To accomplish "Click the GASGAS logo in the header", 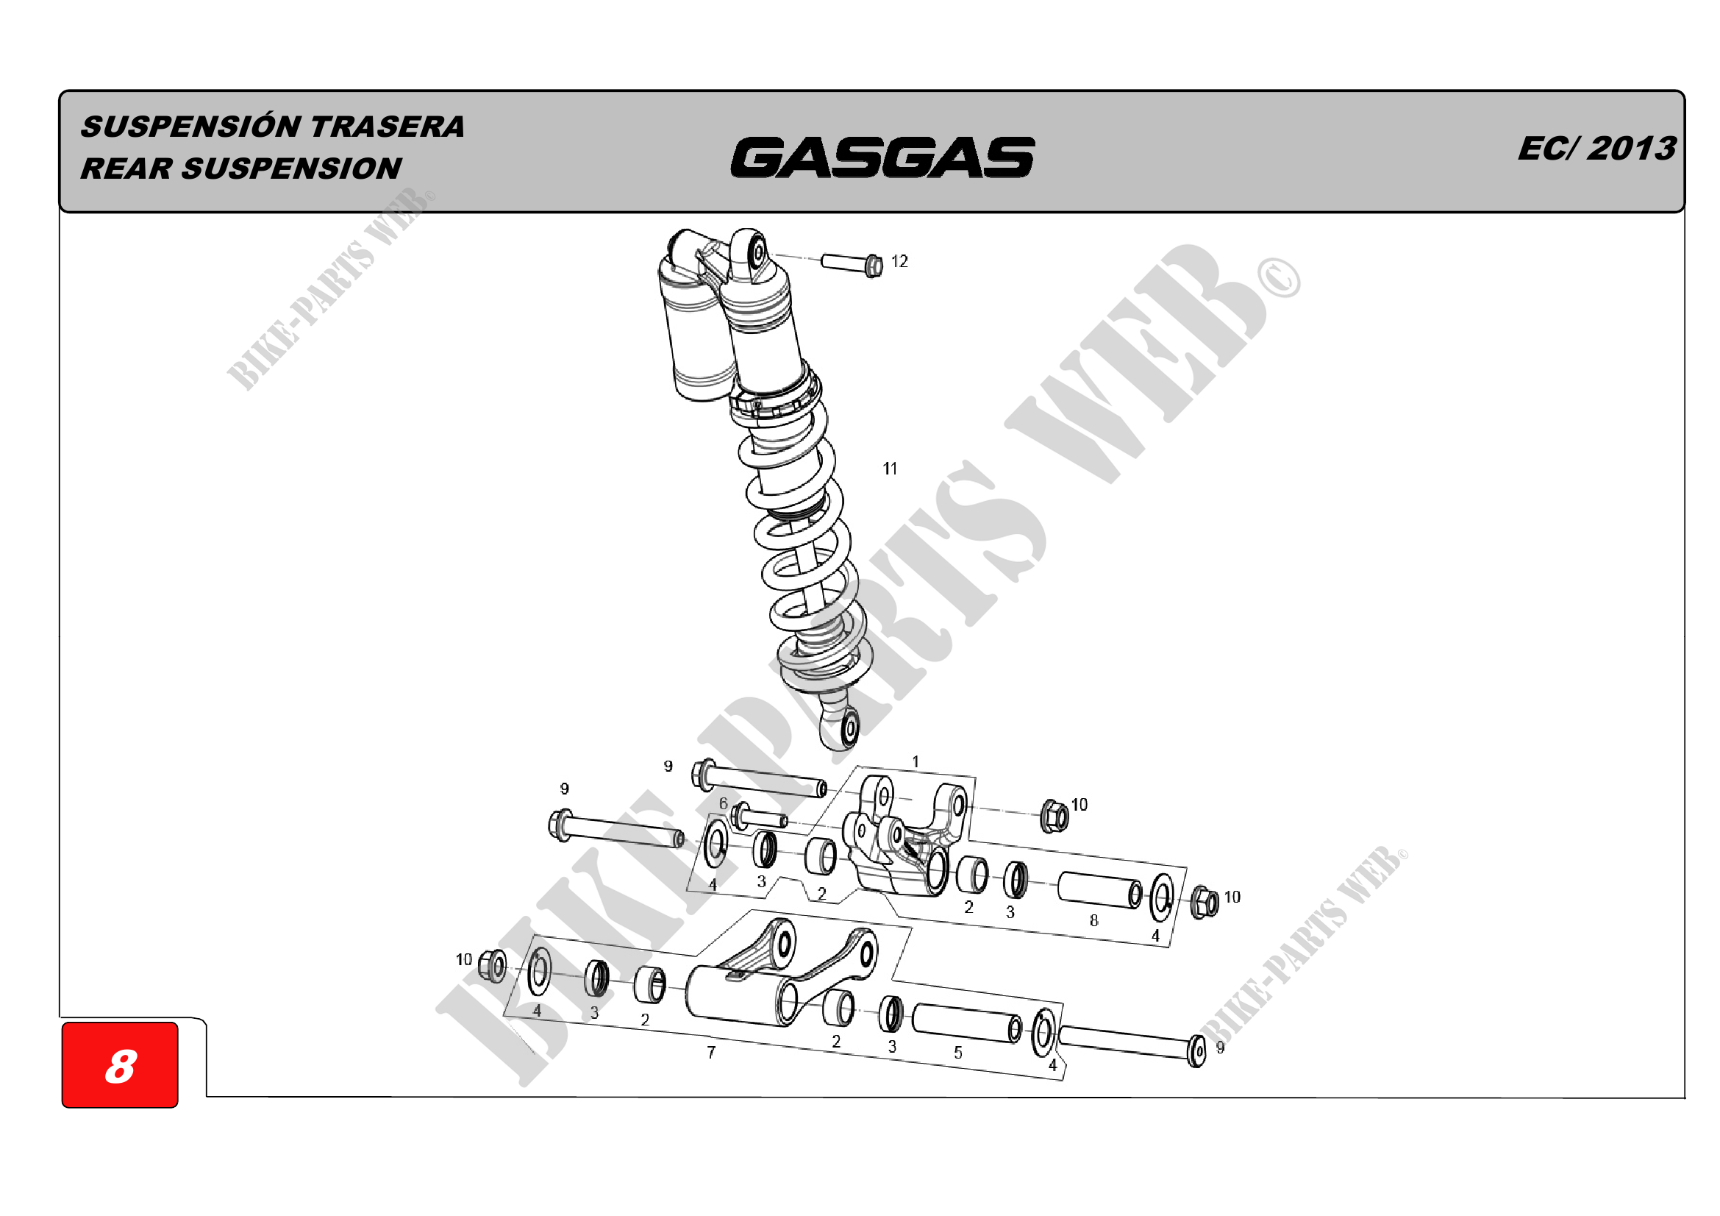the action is tap(882, 157).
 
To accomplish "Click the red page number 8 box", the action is tap(120, 1064).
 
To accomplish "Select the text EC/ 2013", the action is tap(1596, 149).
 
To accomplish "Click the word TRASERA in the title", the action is tap(388, 127).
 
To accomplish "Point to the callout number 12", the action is tap(899, 261).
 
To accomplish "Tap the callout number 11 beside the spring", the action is tap(889, 469).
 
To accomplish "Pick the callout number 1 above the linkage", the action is tap(915, 761).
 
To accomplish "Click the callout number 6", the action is tap(723, 803).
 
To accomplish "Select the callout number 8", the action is tap(1093, 920).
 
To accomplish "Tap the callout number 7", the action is tap(711, 1053).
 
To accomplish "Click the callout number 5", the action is tap(957, 1053).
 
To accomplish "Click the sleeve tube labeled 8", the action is tap(1099, 889).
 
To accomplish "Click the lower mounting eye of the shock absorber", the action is tap(849, 727).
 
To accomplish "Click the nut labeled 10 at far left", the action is tap(492, 966).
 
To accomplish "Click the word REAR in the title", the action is tap(126, 168).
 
